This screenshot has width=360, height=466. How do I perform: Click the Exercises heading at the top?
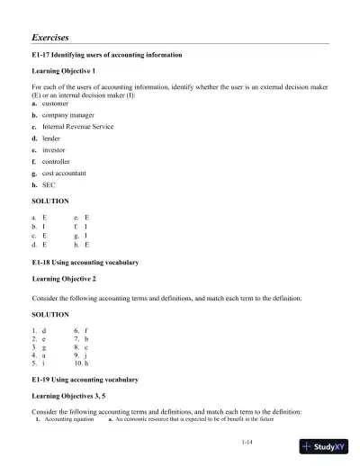[x=51, y=39]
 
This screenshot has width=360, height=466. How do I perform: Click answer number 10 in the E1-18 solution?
[x=81, y=364]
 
